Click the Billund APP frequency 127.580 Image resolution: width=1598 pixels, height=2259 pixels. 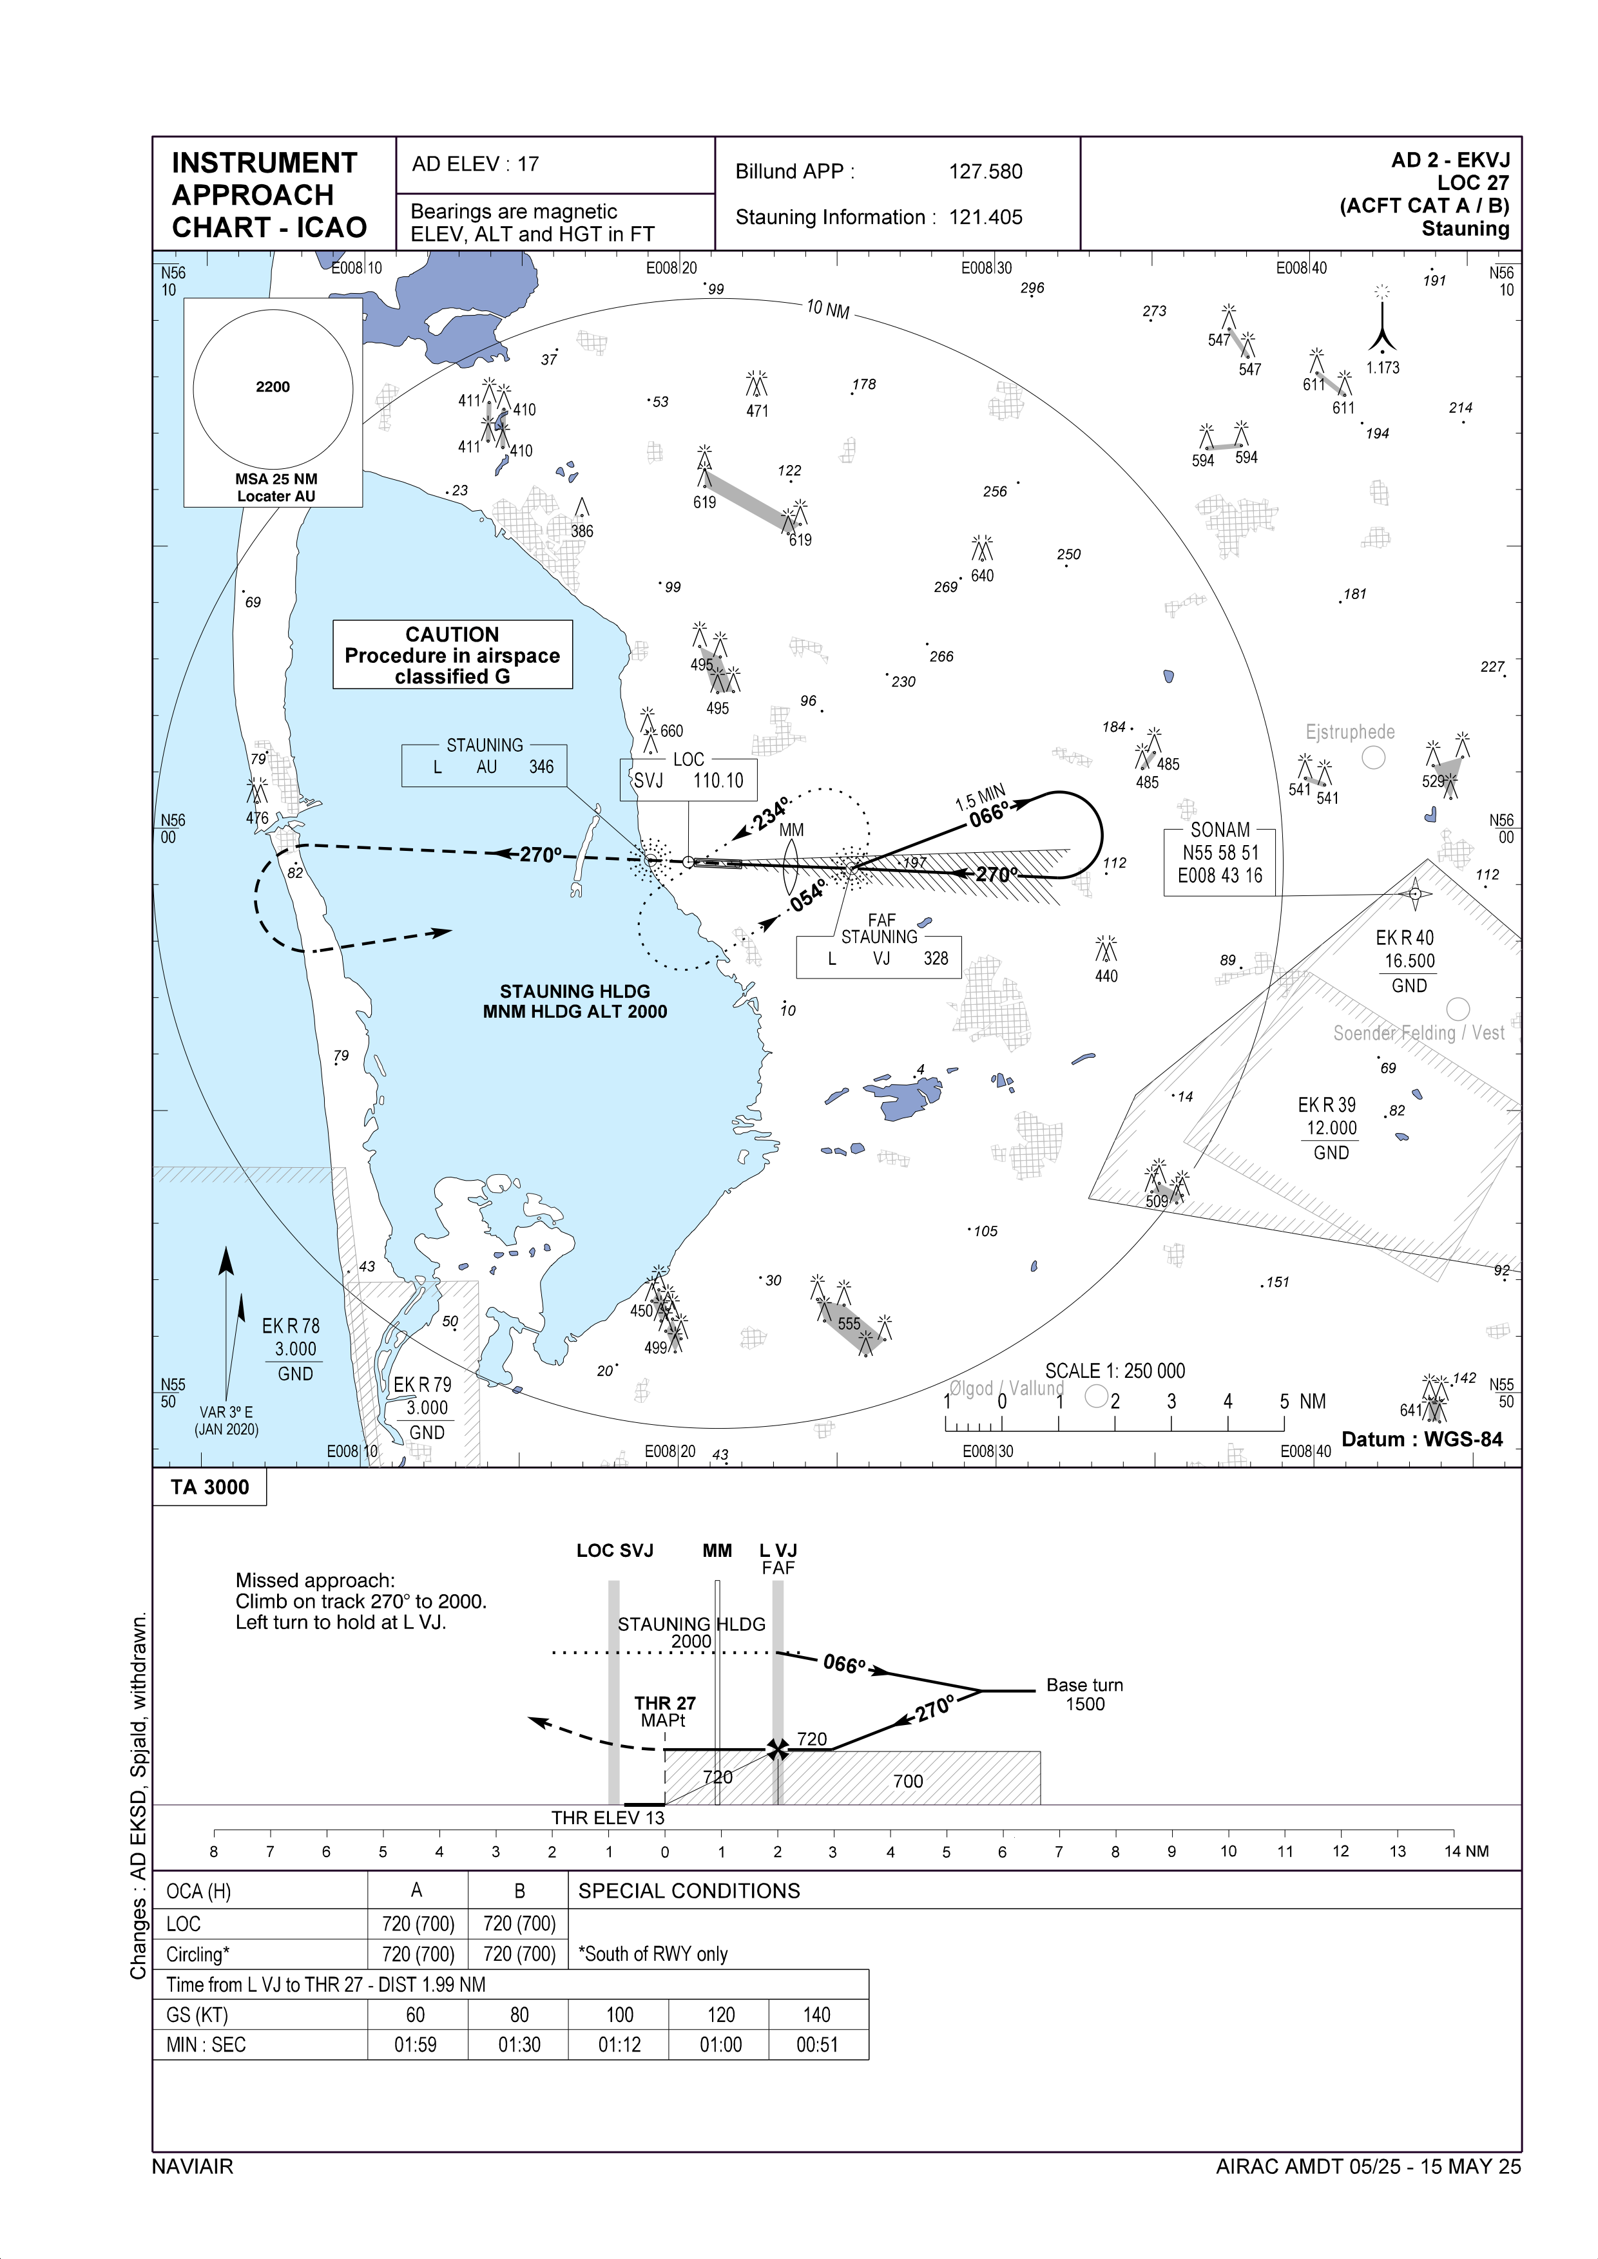point(985,172)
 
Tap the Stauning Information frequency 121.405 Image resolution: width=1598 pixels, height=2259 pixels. point(985,218)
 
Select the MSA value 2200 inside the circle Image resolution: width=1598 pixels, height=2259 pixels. point(273,386)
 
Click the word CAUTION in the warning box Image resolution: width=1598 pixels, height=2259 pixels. point(452,634)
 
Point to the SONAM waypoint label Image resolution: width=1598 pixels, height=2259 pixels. point(1220,830)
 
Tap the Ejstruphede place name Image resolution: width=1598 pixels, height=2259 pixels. point(1349,732)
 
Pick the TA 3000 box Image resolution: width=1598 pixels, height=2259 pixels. point(209,1487)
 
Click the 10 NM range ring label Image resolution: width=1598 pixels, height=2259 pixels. point(827,309)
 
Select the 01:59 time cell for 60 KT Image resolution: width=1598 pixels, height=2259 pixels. point(415,2045)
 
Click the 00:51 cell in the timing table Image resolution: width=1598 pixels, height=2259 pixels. point(816,2045)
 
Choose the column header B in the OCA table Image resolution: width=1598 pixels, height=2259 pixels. point(519,1890)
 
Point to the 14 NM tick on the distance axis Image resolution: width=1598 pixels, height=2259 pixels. point(1454,1851)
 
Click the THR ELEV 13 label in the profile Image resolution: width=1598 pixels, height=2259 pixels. point(608,1817)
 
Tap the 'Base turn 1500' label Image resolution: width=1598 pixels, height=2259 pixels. point(1084,1693)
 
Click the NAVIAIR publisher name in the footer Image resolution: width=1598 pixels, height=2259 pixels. point(192,2166)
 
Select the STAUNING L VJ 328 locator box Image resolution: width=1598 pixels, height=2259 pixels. point(879,957)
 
